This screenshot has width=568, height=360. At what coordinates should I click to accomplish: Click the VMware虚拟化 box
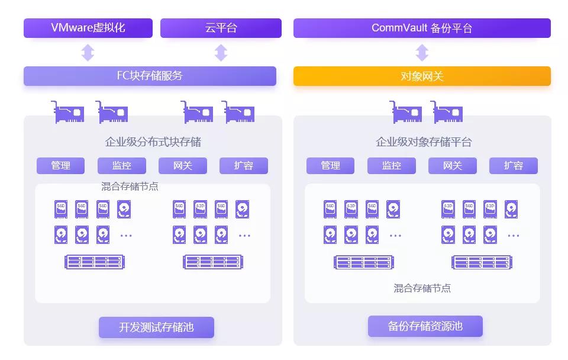pos(88,28)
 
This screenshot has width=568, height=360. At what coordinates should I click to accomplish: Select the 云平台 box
pos(221,28)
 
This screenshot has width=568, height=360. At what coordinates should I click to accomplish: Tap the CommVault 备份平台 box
pos(422,28)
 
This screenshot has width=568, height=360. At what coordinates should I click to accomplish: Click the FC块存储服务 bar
pos(150,76)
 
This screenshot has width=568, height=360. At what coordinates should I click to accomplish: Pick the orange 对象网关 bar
pos(422,76)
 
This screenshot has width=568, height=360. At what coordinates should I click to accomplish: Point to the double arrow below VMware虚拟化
pos(88,53)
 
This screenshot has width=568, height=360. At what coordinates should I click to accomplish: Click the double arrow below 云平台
pos(221,53)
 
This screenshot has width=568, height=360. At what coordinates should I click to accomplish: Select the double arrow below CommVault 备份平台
pos(422,53)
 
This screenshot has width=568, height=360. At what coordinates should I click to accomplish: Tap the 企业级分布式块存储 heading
pos(153,142)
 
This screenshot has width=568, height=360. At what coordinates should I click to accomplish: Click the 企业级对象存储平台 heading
pos(424,142)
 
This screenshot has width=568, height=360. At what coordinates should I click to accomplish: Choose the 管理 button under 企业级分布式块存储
pos(60,166)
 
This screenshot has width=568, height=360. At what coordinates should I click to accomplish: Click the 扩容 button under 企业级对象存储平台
pos(513,166)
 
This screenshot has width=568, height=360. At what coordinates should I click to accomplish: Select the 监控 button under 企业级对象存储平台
pos(391,166)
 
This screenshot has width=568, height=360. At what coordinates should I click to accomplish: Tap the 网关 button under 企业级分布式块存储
pos(182,166)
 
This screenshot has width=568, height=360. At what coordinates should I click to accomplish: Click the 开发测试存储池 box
pos(156,327)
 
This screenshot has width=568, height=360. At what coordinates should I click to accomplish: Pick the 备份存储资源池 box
pos(425,326)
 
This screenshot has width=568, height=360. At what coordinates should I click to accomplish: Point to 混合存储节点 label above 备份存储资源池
pos(422,288)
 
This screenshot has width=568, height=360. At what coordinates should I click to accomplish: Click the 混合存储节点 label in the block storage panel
pos(130,187)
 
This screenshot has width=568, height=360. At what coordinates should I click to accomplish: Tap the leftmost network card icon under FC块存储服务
pos(67,112)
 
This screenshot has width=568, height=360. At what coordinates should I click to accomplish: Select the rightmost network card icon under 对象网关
pos(447,112)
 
